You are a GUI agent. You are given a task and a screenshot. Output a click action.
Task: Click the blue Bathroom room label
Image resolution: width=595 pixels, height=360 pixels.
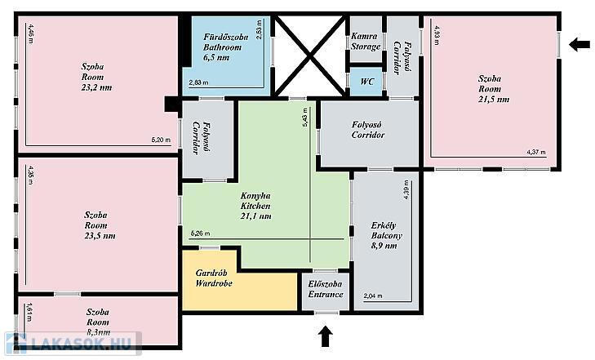pos(226,47)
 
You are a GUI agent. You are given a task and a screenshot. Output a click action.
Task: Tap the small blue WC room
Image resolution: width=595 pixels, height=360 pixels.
pos(366,82)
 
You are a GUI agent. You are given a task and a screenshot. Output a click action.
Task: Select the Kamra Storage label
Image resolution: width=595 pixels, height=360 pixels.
pos(366,42)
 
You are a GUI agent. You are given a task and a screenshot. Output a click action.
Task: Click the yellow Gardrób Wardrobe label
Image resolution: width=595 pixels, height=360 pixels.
pos(214,278)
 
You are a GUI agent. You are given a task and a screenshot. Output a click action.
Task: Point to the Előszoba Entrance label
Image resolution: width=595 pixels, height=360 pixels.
pos(326,289)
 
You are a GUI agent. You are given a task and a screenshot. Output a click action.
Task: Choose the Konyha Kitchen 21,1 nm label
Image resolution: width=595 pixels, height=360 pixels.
pos(255,206)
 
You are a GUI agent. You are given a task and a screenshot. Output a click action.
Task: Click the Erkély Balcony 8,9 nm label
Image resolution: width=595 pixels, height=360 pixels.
pos(386,236)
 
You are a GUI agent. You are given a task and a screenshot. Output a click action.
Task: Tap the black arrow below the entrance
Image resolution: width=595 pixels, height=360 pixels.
pos(325,336)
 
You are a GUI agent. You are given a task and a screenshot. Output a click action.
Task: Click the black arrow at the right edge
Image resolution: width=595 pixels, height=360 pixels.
pos(579,44)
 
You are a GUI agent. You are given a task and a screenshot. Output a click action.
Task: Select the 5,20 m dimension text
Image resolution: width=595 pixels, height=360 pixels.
pos(161,140)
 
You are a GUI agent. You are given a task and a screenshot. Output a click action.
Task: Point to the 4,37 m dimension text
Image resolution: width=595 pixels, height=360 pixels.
pos(536,152)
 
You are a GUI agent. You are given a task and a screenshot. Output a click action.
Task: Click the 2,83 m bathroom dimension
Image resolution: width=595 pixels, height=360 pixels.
pos(198,82)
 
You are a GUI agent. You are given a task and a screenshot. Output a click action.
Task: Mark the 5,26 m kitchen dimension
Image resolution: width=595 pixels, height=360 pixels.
pos(200,233)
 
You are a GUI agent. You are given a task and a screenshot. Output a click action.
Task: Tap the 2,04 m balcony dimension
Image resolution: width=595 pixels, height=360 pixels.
pos(373,296)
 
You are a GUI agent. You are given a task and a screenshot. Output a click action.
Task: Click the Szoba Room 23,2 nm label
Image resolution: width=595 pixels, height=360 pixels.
pos(96,77)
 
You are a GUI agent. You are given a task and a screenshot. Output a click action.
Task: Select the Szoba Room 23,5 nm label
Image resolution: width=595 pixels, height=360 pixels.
pos(100,225)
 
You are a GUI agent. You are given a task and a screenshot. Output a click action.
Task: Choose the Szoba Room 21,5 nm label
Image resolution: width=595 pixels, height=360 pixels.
pos(493,89)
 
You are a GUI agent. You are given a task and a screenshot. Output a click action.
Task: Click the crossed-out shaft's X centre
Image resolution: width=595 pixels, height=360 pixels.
pos(310,56)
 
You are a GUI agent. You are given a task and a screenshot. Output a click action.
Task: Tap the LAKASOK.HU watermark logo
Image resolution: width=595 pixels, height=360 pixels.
pos(73,344)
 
